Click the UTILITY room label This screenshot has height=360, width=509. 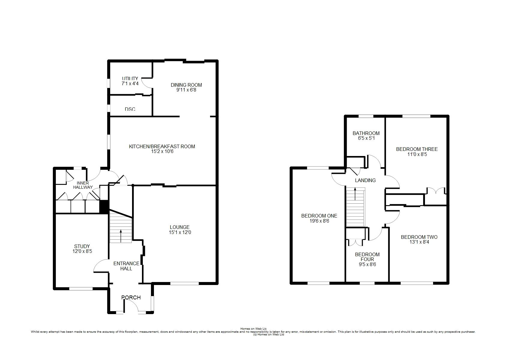point(130,79)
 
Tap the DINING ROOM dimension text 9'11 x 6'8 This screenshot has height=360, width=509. point(186,90)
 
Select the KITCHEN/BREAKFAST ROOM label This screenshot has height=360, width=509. point(162,146)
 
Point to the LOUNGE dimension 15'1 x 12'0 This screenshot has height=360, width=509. point(180,232)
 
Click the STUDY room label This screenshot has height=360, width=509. point(82,246)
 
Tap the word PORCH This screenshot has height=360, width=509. point(131,298)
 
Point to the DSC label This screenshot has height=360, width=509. point(130,109)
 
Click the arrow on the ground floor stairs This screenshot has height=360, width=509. point(121,236)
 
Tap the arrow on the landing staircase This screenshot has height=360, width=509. point(355,194)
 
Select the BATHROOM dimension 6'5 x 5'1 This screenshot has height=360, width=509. point(366,138)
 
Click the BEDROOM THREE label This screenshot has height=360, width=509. point(417,149)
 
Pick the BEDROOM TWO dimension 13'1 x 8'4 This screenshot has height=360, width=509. point(420,242)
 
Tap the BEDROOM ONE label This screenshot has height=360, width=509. point(319,216)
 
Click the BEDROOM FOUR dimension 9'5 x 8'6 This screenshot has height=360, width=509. point(367,264)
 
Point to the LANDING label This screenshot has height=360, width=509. point(365,180)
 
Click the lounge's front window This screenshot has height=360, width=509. point(185,283)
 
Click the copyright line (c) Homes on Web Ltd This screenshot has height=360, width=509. point(269,334)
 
